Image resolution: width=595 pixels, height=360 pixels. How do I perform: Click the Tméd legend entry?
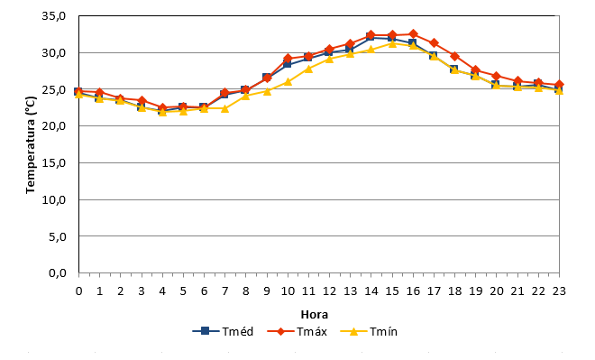pos(223,331)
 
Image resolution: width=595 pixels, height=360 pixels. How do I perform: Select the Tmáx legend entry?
pos(297,331)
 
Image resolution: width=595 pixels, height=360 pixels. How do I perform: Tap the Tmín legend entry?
pos(369,331)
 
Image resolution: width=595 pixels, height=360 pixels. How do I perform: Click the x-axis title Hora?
pos(315,314)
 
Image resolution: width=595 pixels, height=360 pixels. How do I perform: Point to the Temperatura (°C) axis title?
pos(31,144)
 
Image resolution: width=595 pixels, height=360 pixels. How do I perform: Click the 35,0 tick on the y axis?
pos(54,16)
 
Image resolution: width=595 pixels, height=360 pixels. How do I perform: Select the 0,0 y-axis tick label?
pos(58,272)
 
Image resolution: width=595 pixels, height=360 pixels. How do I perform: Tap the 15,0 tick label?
pos(54,162)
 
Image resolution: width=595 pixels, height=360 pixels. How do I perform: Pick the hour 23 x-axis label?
pos(559,291)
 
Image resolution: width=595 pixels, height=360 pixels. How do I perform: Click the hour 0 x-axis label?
pos(79,291)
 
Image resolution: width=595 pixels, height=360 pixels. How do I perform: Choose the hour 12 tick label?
pos(329,291)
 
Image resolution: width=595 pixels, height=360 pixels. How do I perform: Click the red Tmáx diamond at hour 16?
pos(413,34)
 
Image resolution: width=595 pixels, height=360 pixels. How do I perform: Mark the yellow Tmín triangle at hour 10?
pos(288,81)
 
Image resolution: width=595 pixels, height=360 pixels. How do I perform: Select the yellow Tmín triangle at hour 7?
pos(225,108)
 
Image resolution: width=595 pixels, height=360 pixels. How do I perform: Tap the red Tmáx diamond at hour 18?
pos(455,57)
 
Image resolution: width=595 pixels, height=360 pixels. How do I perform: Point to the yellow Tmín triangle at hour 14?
pos(371,49)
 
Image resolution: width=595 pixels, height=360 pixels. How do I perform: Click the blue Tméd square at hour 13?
pos(350,49)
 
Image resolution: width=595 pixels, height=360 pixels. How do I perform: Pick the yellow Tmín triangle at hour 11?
pos(308,69)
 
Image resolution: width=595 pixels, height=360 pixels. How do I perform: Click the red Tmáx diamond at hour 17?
pos(435,43)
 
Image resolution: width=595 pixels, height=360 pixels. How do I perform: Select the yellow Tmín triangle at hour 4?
pos(162,112)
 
